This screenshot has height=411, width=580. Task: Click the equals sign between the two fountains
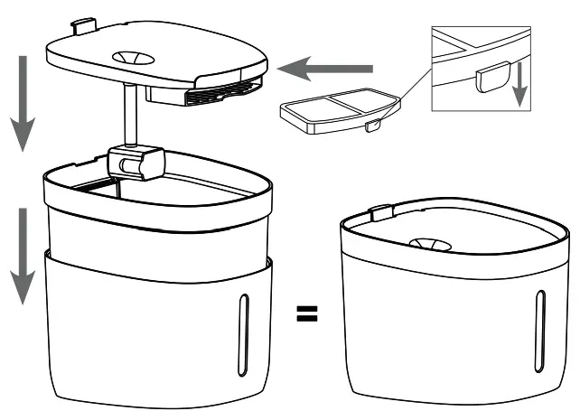click(x=307, y=314)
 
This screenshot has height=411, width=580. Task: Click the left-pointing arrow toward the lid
click(x=325, y=67)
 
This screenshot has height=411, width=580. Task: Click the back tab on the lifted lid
click(x=83, y=24)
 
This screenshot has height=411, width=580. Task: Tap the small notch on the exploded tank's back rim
click(x=98, y=160)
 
